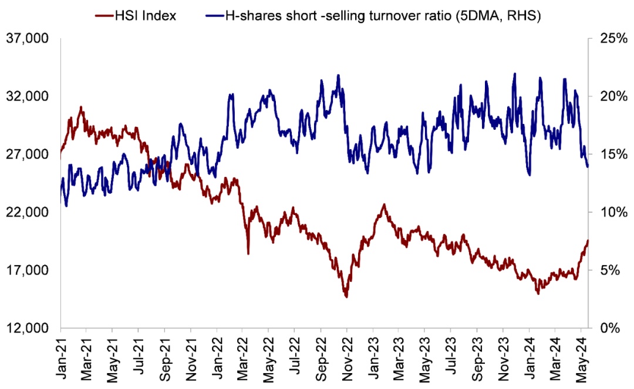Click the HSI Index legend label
click(143, 15)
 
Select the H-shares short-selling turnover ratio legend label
click(382, 15)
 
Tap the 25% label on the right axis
click(609, 39)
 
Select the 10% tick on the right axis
click(609, 212)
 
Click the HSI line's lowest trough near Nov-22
click(346, 297)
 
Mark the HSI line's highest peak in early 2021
click(81, 107)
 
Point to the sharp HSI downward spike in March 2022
click(248, 253)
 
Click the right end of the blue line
click(588, 167)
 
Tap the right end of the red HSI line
click(588, 240)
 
